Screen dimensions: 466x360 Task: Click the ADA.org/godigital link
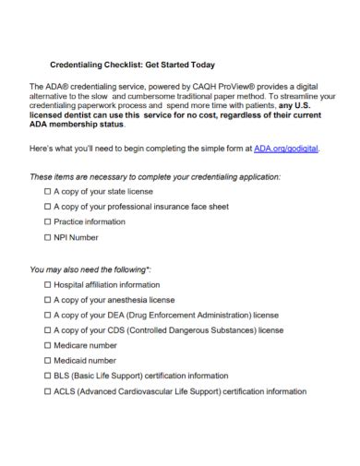(291, 148)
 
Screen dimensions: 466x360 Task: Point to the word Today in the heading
(197, 65)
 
